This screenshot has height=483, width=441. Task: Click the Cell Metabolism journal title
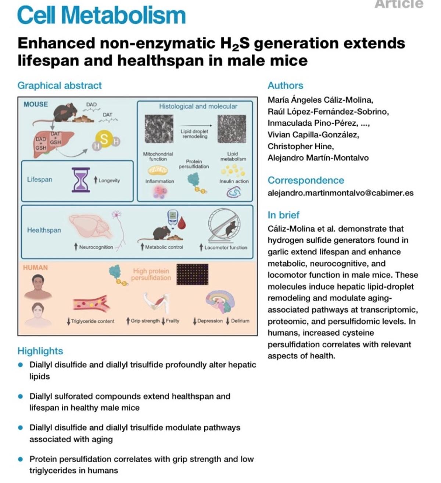[x=101, y=15]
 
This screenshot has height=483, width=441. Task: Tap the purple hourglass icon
[x=80, y=180]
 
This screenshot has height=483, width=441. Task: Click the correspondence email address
[x=340, y=193]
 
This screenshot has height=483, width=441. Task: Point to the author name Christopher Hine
[x=301, y=146]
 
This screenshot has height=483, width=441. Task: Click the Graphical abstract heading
[x=60, y=85]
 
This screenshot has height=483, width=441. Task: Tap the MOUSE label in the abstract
[x=36, y=104]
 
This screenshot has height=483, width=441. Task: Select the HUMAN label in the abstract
[x=35, y=268]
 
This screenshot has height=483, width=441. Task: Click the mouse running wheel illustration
[x=225, y=225]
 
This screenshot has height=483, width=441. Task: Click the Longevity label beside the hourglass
[x=109, y=180]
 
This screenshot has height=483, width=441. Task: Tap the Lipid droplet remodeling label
[x=194, y=134]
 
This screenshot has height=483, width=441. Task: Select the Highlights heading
[x=40, y=351]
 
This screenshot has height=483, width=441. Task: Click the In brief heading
[x=283, y=215]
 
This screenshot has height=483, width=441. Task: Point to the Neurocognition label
[x=96, y=247]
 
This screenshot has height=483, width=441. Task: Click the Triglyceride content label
[x=93, y=321]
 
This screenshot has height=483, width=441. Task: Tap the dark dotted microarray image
[x=193, y=274]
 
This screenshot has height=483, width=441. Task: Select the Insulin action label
[x=234, y=181]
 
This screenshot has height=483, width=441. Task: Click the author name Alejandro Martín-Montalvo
[x=318, y=158]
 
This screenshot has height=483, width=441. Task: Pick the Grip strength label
[x=145, y=321]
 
